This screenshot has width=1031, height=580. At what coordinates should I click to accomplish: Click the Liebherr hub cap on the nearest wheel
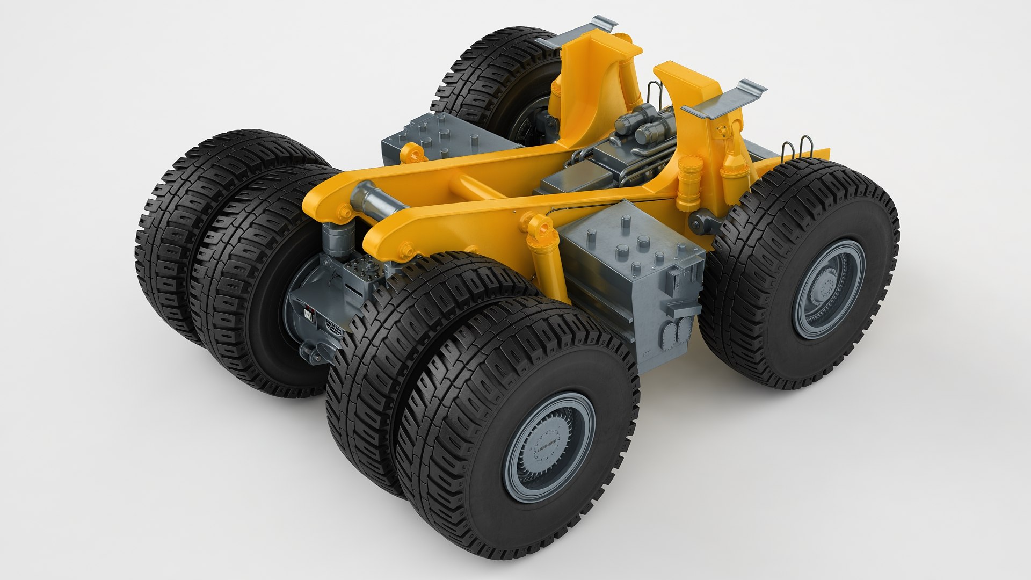[x=549, y=447]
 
